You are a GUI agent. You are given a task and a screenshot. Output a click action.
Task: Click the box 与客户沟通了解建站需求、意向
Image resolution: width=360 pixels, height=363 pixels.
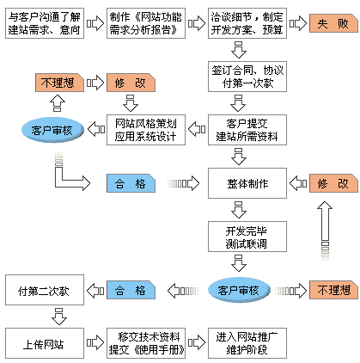[x=45, y=23]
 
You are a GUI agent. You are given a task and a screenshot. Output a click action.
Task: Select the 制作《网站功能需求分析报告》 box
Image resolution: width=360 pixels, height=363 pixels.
[x=146, y=23]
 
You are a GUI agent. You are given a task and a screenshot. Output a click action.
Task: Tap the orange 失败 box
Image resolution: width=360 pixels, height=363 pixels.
[x=333, y=23]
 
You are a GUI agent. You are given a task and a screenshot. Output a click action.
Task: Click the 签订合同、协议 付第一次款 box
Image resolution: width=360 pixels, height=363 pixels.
[x=247, y=77]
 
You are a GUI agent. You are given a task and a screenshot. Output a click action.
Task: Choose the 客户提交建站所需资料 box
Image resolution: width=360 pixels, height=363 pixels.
[x=247, y=130]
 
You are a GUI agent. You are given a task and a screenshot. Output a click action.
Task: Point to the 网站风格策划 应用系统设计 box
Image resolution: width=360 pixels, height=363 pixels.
[x=146, y=130]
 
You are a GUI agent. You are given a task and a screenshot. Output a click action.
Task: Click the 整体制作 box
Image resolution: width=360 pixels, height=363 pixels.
[x=247, y=183]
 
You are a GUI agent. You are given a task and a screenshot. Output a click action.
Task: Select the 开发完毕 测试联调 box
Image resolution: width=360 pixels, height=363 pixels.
[x=247, y=237]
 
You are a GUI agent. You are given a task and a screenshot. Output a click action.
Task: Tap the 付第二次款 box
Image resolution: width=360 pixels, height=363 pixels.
[x=45, y=290]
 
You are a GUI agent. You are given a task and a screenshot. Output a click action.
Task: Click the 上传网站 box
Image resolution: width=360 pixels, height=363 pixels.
[x=45, y=343]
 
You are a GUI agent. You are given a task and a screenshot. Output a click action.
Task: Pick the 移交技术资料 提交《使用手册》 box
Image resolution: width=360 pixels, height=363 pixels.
[x=146, y=343]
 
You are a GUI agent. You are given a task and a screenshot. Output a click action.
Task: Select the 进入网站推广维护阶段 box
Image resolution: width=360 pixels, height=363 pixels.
[x=247, y=343]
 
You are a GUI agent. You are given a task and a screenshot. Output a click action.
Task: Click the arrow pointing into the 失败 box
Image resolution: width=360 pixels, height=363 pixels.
[x=298, y=23]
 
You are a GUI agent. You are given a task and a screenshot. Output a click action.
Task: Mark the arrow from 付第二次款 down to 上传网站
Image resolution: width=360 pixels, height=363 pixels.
[x=59, y=317]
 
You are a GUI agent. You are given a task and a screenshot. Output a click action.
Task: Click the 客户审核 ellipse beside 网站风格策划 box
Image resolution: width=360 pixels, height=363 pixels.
[x=52, y=130]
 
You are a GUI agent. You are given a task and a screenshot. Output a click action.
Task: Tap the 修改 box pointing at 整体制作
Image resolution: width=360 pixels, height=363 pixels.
[x=333, y=183]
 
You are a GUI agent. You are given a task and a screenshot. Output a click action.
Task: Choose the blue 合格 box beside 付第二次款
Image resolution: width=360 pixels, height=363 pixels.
[x=131, y=290]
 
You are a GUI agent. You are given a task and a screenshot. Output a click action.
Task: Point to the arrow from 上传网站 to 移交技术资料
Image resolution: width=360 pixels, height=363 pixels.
[x=95, y=343]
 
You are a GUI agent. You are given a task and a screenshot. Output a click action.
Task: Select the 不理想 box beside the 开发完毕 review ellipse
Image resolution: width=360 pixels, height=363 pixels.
[x=333, y=290]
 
